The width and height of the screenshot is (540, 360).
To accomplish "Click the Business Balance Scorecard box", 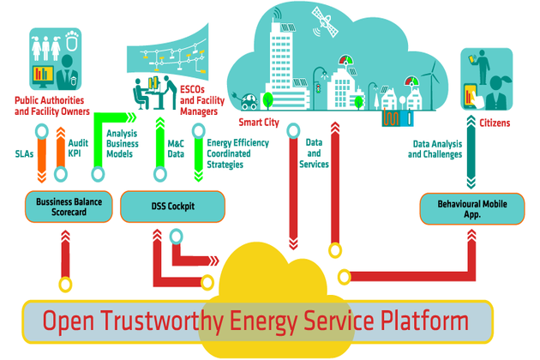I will click(x=64, y=207).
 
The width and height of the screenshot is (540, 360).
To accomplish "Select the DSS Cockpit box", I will click(x=173, y=207).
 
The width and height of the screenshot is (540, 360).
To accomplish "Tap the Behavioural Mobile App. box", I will click(x=471, y=208).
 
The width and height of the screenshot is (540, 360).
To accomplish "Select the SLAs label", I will click(x=25, y=154).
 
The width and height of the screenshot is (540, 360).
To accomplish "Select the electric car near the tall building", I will click(x=249, y=100).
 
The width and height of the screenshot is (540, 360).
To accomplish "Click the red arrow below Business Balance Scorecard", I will click(x=64, y=257).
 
